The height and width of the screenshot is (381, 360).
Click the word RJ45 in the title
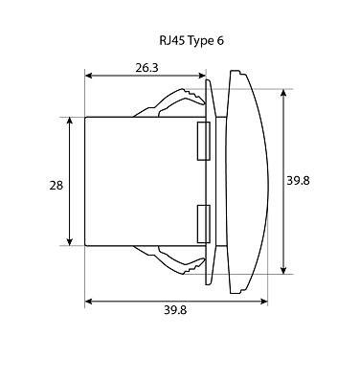point(171,41)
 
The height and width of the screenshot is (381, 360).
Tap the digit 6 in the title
point(220,41)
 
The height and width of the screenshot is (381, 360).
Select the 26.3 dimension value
point(146,68)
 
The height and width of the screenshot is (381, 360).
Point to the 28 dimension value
point(56,186)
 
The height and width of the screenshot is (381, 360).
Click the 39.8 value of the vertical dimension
point(298,181)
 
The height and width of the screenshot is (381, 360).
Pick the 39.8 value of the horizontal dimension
point(175,310)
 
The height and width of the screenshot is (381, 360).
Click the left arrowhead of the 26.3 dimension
point(88,76)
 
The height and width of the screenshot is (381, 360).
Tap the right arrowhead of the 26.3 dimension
point(202,76)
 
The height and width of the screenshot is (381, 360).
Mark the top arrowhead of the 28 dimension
point(70,121)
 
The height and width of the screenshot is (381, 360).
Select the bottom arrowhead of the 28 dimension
point(70,242)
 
